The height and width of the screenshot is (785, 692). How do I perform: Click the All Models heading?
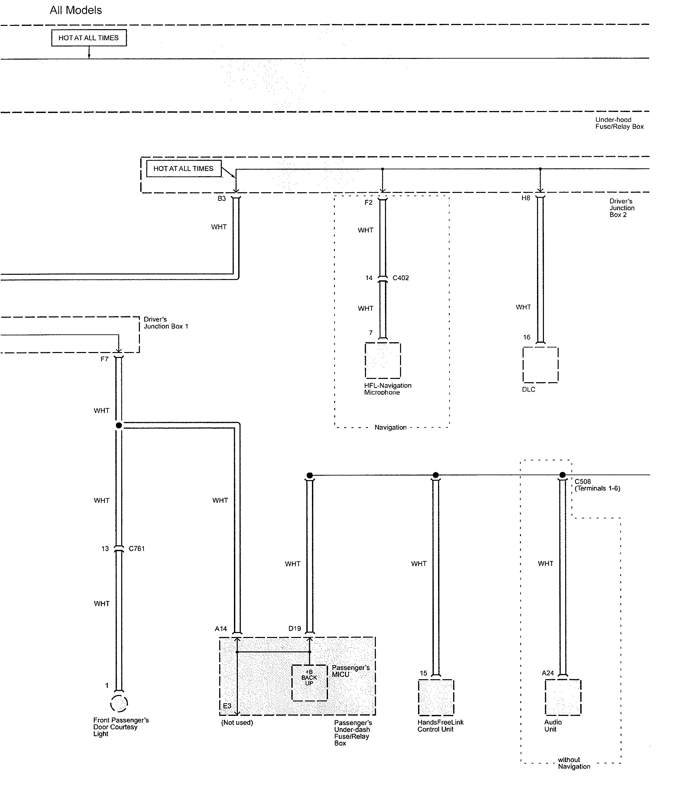pos(76,10)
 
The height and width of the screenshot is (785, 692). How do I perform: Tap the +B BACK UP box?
pos(309,683)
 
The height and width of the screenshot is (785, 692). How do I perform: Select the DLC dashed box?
pos(540,365)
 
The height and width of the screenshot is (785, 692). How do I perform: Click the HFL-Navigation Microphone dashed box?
pos(383,360)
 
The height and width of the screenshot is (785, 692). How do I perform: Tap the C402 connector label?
pos(400,278)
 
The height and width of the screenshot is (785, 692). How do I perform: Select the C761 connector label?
pos(136,549)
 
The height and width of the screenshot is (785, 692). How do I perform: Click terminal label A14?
pos(221,629)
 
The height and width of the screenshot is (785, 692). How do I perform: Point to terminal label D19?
pos(295,628)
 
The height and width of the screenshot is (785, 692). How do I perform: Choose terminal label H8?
pos(526,198)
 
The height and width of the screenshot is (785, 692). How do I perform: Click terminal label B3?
pos(222,198)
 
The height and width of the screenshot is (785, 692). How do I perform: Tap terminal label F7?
pos(104,359)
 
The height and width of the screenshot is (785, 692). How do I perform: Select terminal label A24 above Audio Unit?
pos(548,673)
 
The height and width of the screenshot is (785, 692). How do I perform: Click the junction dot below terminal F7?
pos(119,425)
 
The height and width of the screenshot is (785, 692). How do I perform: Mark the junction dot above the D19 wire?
pos(310,475)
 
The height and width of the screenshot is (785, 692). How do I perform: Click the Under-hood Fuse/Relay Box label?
pos(619,123)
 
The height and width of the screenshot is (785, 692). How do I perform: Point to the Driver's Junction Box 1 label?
pos(165,323)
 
